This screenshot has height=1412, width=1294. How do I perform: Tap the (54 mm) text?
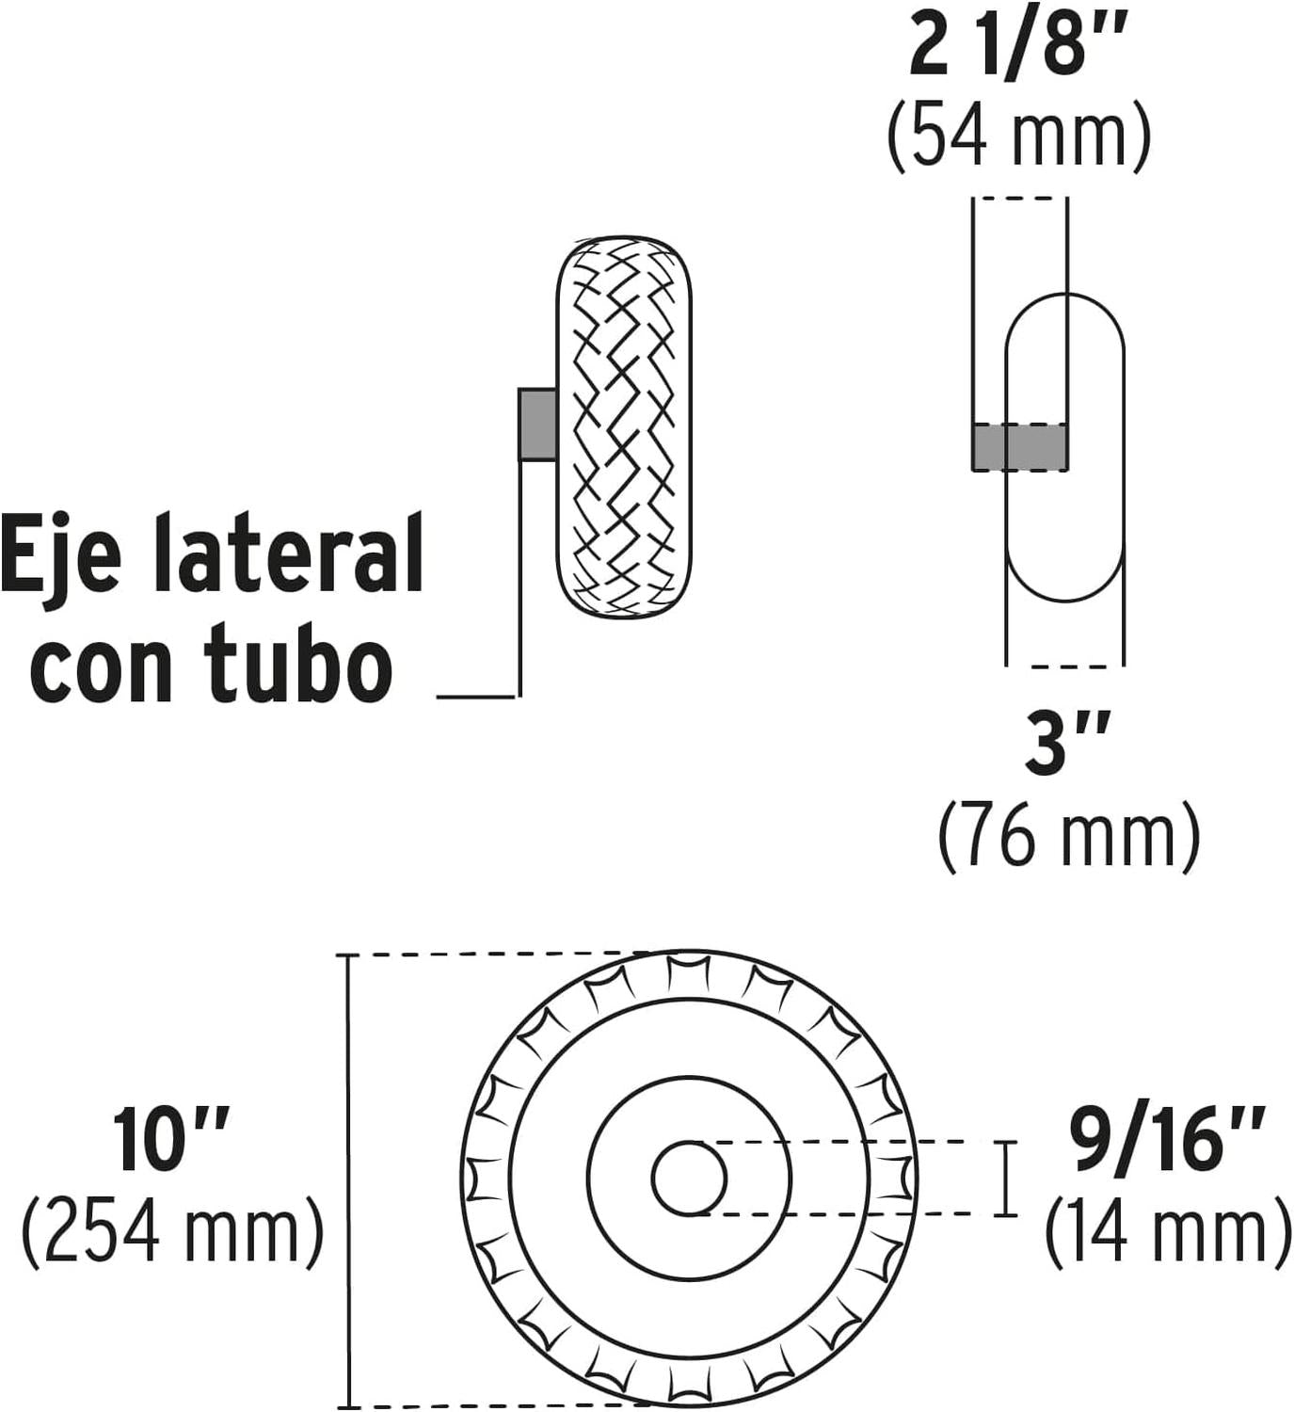click(1019, 136)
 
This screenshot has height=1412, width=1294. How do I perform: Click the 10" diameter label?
click(170, 1140)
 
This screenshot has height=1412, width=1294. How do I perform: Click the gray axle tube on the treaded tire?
click(538, 425)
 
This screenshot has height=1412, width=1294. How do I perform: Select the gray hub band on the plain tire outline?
click(1019, 448)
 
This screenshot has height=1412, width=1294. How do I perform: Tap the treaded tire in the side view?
click(624, 427)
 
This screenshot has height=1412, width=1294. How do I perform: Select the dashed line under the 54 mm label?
click(1019, 200)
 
